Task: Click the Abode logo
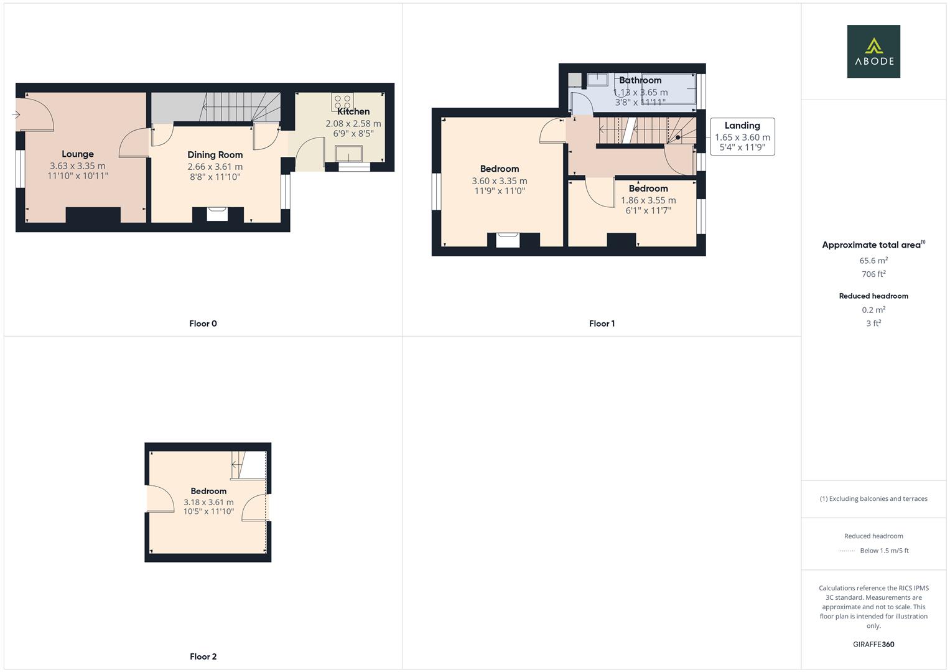click(873, 52)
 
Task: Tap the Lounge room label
click(78, 154)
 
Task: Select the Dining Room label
click(215, 155)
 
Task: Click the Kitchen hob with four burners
click(342, 102)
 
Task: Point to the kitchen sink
click(348, 153)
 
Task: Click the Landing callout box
click(742, 136)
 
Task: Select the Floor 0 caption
click(203, 324)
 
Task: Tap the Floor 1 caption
click(602, 324)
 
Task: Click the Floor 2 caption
click(203, 656)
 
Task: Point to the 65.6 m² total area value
click(873, 261)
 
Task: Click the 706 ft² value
click(873, 274)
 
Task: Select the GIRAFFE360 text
click(873, 645)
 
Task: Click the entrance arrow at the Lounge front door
click(16, 114)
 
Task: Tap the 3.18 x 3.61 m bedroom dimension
click(208, 502)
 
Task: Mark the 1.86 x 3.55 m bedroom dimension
click(648, 200)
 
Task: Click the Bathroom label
click(640, 80)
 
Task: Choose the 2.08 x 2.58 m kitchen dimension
click(353, 124)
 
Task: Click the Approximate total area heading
click(873, 245)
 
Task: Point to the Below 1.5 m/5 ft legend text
click(884, 551)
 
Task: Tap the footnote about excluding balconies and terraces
click(873, 499)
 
